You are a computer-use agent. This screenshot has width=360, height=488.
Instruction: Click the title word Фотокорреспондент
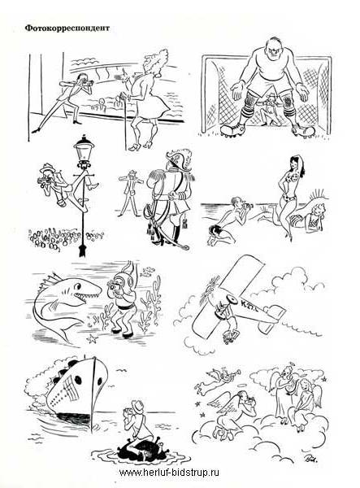pyautogui.click(x=67, y=28)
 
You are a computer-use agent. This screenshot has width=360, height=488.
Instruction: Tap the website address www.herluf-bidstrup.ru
pyautogui.click(x=169, y=473)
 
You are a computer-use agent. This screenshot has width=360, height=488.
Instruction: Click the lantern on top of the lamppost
pyautogui.click(x=84, y=149)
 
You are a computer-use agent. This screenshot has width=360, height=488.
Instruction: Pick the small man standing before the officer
pyautogui.click(x=130, y=193)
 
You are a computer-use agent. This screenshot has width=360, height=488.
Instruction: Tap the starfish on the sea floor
pyautogui.click(x=92, y=338)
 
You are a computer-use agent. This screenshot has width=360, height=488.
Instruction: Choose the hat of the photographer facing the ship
pyautogui.click(x=137, y=406)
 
